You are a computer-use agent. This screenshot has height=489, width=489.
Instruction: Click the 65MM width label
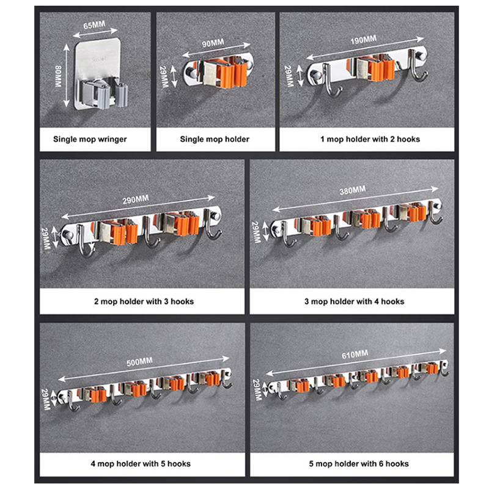coord(94,25)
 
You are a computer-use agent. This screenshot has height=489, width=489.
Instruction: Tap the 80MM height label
coord(58,76)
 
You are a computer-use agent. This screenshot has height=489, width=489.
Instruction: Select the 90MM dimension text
coord(213,43)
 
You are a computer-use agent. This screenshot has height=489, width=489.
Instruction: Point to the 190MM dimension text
coord(363,40)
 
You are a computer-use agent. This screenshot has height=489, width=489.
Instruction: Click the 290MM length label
coord(136,200)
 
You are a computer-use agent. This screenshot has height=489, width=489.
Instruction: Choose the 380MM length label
coord(353,190)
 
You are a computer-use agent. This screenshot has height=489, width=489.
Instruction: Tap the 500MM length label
coord(139,362)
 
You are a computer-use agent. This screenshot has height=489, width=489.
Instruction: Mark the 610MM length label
coord(355,355)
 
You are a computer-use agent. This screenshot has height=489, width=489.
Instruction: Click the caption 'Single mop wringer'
coord(90,139)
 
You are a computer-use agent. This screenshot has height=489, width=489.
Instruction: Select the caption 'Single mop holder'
coord(215,139)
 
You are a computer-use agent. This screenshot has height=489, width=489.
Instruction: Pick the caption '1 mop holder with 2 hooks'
coord(370,139)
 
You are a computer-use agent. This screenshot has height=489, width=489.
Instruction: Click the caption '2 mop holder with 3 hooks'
coord(144,301)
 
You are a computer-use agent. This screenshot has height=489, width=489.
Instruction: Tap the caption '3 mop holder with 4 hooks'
coord(355,301)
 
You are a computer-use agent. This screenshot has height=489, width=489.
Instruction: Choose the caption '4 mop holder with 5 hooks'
coord(141,463)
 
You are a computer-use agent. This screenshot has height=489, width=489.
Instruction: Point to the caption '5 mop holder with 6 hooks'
coord(359,463)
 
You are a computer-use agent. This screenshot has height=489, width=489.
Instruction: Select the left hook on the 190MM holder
coord(329,82)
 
